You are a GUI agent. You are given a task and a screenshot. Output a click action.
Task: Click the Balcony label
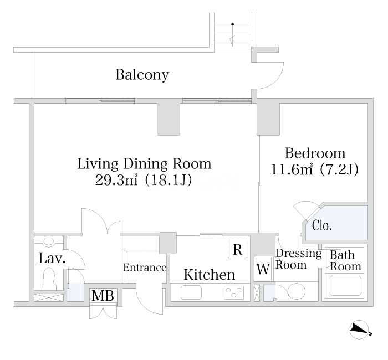click(x=142, y=75)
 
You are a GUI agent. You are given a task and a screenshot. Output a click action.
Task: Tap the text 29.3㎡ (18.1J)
click(x=143, y=180)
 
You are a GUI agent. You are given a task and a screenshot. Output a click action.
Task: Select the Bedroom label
click(x=315, y=153)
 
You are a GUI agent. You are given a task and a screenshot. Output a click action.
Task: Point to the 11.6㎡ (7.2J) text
click(x=315, y=170)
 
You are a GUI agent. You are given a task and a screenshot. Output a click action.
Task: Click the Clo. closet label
click(x=322, y=225)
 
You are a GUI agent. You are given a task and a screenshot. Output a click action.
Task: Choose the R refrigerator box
click(x=238, y=249)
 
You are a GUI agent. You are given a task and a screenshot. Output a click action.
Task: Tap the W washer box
click(x=263, y=269)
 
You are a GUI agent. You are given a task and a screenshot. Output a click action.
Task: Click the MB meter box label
click(x=103, y=295)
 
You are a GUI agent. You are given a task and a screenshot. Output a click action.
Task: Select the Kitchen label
click(x=210, y=275)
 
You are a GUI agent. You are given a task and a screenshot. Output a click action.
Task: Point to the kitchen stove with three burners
click(x=234, y=292)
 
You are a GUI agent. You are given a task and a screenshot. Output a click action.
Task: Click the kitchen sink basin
click(x=191, y=292)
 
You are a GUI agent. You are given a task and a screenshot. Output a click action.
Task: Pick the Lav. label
click(x=52, y=259)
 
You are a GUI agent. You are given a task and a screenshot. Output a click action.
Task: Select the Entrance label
click(x=145, y=268)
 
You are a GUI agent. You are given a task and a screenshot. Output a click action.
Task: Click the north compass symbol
click(x=359, y=330)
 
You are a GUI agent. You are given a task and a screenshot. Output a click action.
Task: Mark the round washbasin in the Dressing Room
click(x=297, y=291)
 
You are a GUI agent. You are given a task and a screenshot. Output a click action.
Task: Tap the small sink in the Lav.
click(x=49, y=241)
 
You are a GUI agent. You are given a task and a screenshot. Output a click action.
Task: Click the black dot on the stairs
click(x=233, y=24)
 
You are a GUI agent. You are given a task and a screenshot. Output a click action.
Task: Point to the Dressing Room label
click(x=298, y=259)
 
